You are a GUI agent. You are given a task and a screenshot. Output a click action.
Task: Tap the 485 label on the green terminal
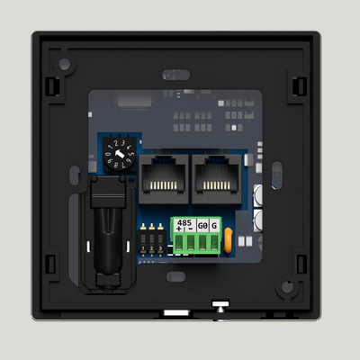(184, 222)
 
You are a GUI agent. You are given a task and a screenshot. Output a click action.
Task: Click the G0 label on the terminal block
(202, 223)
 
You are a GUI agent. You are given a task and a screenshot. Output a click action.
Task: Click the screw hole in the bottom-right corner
(286, 288)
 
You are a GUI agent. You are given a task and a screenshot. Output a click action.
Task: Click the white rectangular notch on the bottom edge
(176, 312)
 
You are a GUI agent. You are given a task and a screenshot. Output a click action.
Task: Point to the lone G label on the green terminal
(214, 223)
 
